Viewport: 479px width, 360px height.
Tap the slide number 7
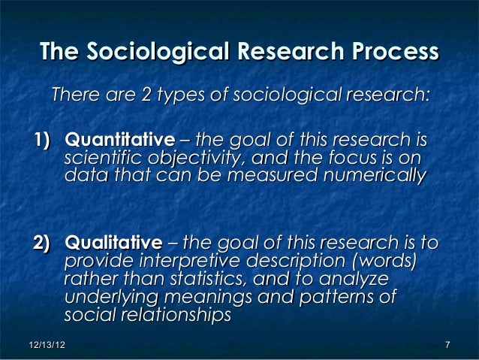pos(447,345)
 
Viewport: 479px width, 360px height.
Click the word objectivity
pos(177,159)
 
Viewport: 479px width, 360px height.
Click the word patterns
pos(338,298)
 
